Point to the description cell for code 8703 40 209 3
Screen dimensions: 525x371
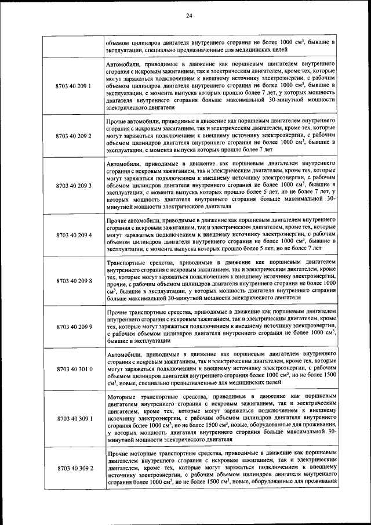221,186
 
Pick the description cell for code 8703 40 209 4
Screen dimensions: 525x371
221,236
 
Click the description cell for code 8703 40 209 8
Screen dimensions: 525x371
221,281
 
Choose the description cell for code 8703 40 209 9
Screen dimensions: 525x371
221,327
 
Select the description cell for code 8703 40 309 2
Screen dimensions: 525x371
221,468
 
